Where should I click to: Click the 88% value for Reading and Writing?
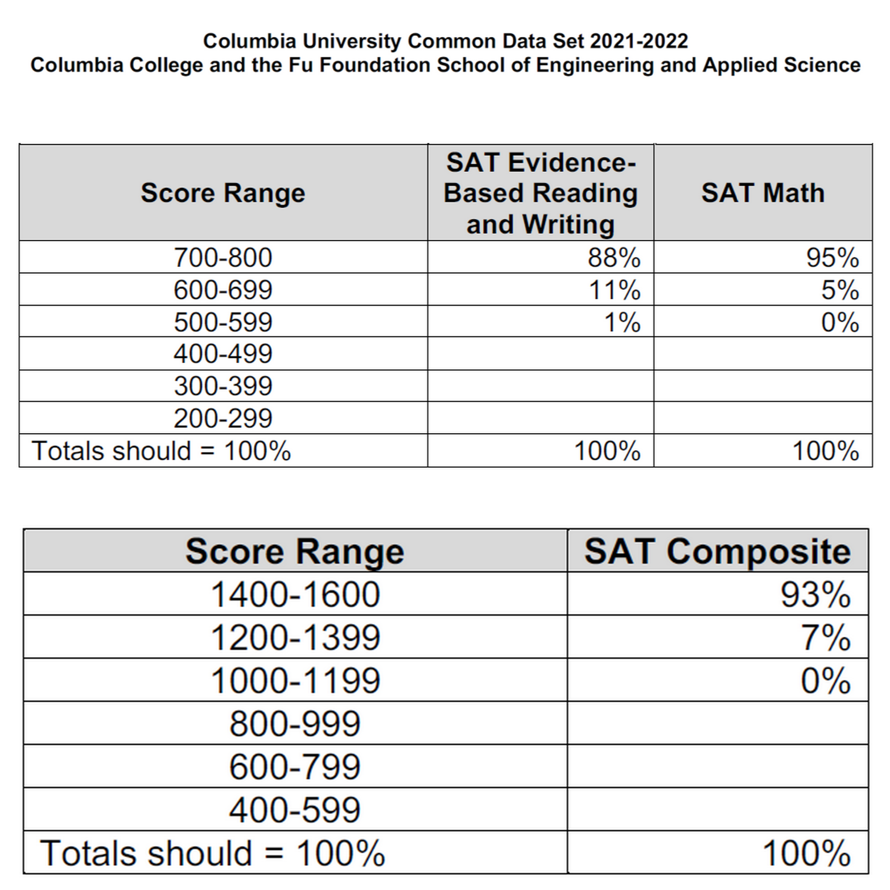(x=613, y=258)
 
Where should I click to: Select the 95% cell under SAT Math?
(x=832, y=258)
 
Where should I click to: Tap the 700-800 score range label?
(x=223, y=258)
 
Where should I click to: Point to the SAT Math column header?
(x=763, y=193)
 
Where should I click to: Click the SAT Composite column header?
(x=717, y=551)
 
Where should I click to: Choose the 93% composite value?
(x=815, y=595)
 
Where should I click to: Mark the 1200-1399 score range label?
(x=295, y=637)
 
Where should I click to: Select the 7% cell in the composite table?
(x=826, y=637)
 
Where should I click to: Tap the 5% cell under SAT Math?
(x=839, y=290)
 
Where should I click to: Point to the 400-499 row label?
(x=223, y=354)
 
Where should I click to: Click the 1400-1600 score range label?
(x=295, y=595)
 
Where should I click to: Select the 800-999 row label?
(x=295, y=724)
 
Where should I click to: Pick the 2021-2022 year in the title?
(x=638, y=42)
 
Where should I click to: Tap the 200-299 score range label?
(x=223, y=419)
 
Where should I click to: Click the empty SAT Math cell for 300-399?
(x=763, y=386)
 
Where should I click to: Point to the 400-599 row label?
(x=295, y=810)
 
